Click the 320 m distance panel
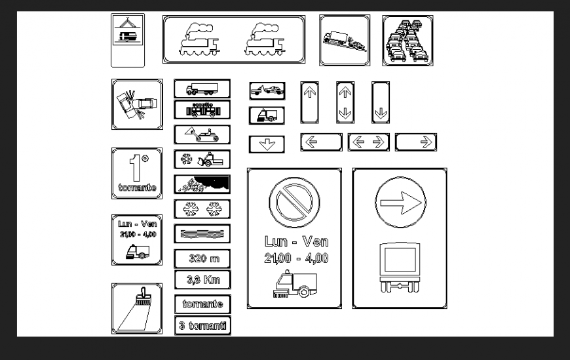pos(202,258)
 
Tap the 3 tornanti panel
pos(202,325)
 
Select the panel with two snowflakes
pos(202,209)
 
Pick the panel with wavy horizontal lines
pos(202,233)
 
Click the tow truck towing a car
pos(267,90)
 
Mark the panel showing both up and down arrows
pos(345,102)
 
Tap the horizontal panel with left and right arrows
pos(368,142)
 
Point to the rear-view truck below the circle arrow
pos(399,266)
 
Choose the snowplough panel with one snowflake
pos(202,159)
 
